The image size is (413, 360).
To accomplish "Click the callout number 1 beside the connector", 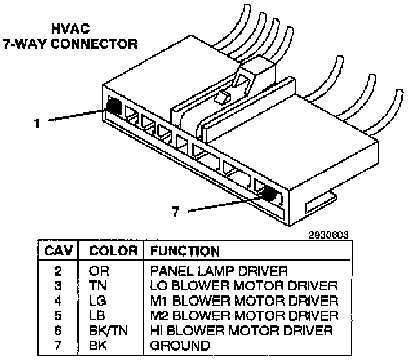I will pos(38,121).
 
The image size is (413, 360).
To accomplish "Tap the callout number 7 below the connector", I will pos(175,211).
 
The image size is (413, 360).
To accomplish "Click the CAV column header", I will pos(60,251).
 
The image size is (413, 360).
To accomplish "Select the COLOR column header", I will pos(113,251).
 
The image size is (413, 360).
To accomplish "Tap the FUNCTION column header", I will pos(185,251).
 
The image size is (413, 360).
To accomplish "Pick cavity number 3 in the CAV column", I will pos(60,285).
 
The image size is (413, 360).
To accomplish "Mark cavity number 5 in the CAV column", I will pos(60,315).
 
